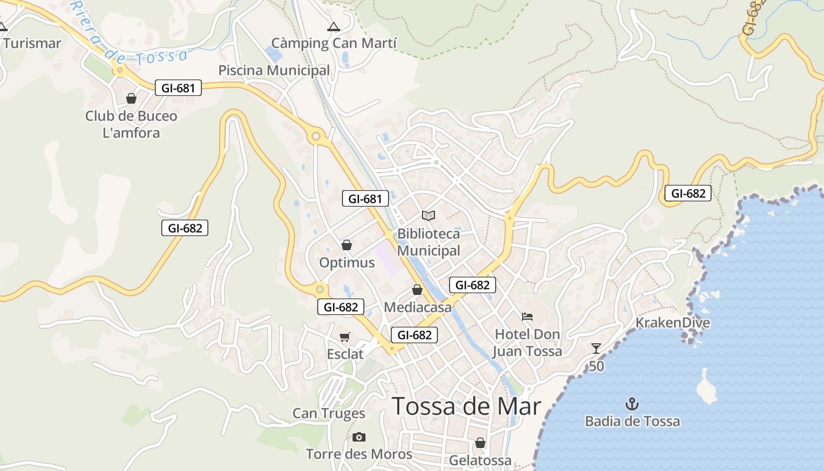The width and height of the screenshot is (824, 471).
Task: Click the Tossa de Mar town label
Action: [466, 406]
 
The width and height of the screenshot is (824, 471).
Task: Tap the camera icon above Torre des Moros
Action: [358, 437]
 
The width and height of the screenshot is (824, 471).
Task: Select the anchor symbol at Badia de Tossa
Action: [632, 404]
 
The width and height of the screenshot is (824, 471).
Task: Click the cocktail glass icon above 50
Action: [596, 348]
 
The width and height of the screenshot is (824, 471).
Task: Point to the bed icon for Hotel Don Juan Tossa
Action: [527, 317]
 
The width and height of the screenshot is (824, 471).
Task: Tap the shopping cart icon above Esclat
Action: [345, 337]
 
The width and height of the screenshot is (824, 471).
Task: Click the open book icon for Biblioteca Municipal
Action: [428, 216]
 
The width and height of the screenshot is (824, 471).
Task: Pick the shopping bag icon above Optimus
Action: [347, 245]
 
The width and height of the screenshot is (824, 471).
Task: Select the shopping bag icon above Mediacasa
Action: [417, 290]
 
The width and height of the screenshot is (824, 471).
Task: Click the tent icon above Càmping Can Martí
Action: [334, 26]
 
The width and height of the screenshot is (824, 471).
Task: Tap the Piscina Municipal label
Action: [274, 70]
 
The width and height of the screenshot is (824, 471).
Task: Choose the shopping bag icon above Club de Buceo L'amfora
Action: [131, 98]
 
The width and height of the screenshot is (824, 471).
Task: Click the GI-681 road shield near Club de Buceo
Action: [178, 88]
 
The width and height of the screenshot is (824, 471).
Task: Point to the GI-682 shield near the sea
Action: [687, 193]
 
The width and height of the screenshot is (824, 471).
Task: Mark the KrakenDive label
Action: [672, 323]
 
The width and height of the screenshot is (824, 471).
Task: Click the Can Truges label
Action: [328, 413]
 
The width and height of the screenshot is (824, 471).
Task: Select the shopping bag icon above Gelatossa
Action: [480, 443]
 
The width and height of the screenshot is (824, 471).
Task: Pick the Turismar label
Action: [32, 43]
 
